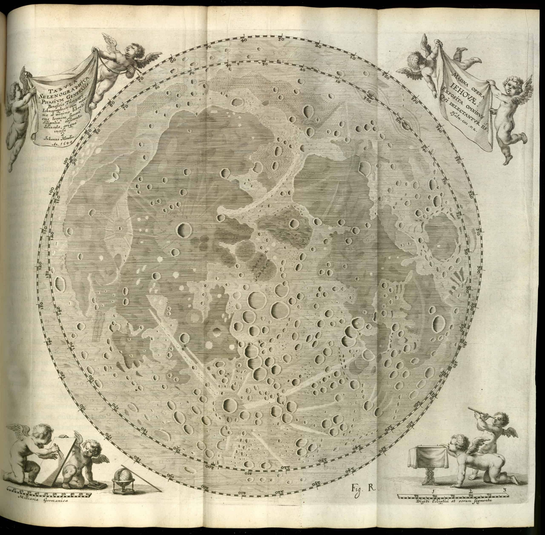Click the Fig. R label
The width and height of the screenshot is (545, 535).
coord(363,496)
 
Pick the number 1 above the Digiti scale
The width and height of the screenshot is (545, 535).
coord(434,491)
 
